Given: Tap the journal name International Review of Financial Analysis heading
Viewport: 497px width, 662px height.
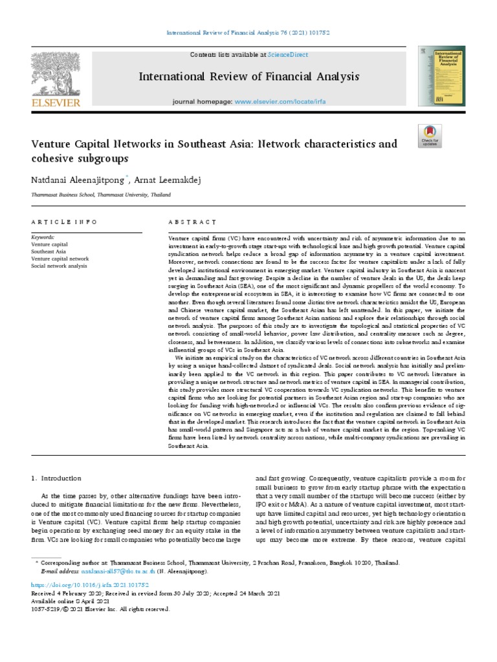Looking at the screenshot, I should (x=248, y=78).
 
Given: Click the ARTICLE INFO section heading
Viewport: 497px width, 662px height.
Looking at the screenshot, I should (x=64, y=222).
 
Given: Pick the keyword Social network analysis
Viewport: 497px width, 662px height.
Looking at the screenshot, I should (x=59, y=266).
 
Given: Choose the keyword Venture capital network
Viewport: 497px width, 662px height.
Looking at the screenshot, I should (x=60, y=259).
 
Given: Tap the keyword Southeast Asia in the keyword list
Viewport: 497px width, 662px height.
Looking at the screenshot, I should (x=49, y=251).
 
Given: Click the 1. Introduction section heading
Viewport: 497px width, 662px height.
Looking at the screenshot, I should (x=57, y=478).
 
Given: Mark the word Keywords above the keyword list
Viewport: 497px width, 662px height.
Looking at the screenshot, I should (x=43, y=237).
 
